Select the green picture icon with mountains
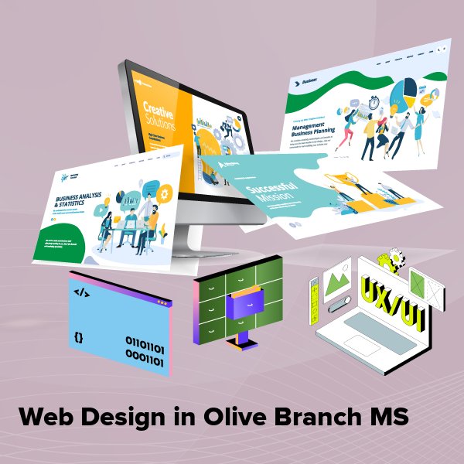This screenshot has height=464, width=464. tap(338, 281)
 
